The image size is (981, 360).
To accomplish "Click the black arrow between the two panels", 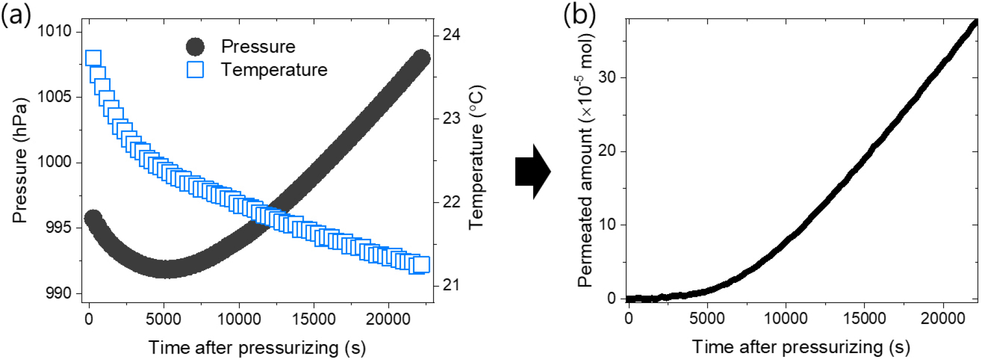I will pos(533,172).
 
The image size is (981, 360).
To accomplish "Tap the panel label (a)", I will pos(15,15).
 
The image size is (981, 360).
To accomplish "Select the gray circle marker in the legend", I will pos(195,47).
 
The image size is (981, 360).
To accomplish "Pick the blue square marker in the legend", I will pos(195,70).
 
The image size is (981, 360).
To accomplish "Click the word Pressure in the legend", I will pos(258,47).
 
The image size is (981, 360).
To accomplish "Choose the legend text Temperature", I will pos(274,70).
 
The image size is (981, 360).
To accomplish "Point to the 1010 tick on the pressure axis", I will pos(54,31).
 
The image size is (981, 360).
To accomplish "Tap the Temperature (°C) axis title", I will pos(476,157).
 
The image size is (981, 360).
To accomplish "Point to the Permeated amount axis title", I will pos(585,160).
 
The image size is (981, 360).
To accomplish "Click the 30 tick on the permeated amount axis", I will pos(607,78).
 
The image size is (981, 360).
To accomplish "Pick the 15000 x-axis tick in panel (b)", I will pos(864,319).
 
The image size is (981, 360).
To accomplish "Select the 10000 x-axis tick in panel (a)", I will pos(238,319).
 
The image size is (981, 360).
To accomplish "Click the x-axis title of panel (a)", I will pos(257,347).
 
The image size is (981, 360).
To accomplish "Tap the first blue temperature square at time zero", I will pos(93,58).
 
